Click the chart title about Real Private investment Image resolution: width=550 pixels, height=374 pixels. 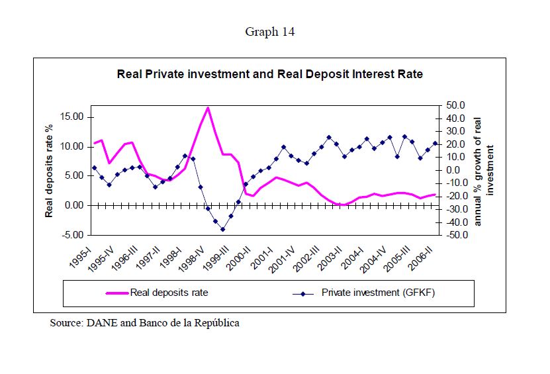pyautogui.click(x=269, y=74)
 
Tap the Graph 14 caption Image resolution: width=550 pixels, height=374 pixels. pyautogui.click(x=269, y=32)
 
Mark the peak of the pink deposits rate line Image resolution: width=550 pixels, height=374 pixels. pyautogui.click(x=208, y=107)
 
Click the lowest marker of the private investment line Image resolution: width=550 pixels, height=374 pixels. pyautogui.click(x=223, y=229)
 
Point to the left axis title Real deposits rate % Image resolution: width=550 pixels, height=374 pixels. pyautogui.click(x=49, y=170)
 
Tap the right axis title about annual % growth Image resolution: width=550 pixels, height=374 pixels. pyautogui.click(x=484, y=170)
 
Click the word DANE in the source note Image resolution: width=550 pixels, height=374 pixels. pyautogui.click(x=97, y=324)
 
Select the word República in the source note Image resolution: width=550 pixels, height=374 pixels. pyautogui.click(x=216, y=324)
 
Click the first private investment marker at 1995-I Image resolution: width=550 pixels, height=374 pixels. pyautogui.click(x=94, y=167)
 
